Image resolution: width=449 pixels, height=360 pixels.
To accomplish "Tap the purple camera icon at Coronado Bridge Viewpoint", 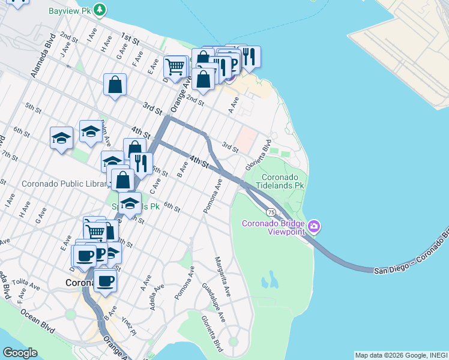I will click(x=314, y=227).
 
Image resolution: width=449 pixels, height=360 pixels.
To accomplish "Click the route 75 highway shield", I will click(x=272, y=212).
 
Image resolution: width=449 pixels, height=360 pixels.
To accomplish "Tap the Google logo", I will click(x=20, y=353).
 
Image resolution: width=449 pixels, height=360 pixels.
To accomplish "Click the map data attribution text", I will click(x=401, y=355).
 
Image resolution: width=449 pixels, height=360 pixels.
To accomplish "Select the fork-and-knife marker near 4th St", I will click(x=141, y=163).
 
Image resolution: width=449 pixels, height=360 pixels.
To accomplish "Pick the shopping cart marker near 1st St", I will click(x=175, y=67).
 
